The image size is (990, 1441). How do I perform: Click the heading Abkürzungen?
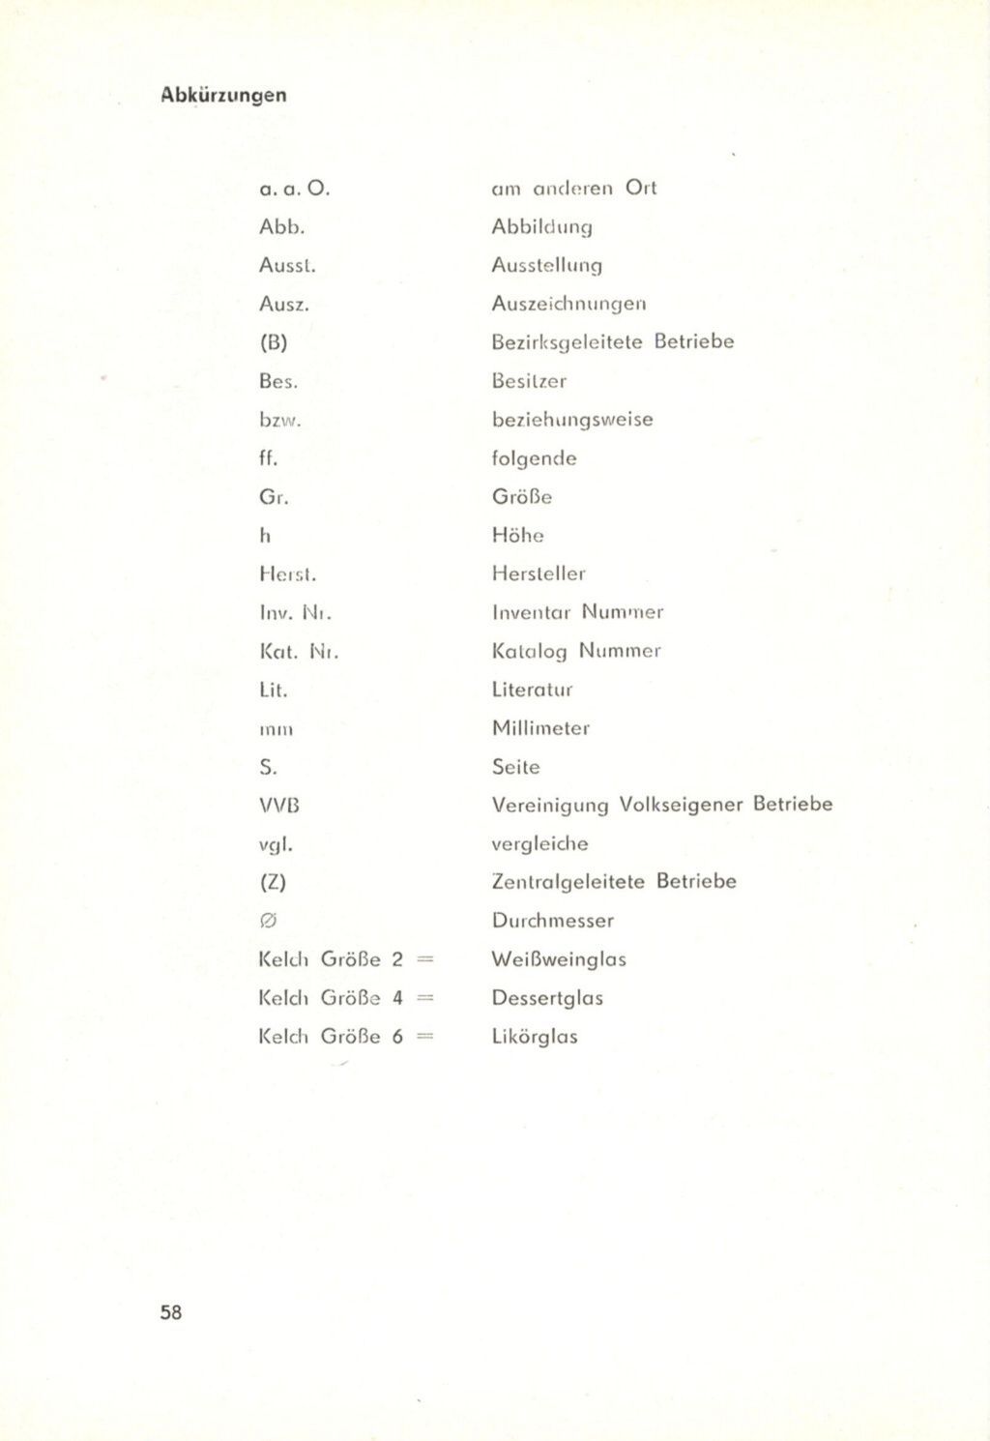click(x=223, y=95)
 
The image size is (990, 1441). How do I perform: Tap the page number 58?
click(x=171, y=1312)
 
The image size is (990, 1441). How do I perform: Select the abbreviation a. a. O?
click(x=296, y=188)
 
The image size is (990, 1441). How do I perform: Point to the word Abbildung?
click(x=541, y=227)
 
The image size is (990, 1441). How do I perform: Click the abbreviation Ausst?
click(x=287, y=265)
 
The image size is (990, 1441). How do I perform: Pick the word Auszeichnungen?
click(x=568, y=304)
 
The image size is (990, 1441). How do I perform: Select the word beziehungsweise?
click(x=572, y=420)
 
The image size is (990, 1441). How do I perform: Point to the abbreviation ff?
click(x=268, y=458)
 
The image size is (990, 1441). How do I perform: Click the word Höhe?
click(x=517, y=535)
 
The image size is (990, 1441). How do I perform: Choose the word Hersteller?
click(x=539, y=573)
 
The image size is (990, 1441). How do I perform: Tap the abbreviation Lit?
click(x=274, y=690)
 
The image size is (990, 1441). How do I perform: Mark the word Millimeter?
click(x=540, y=728)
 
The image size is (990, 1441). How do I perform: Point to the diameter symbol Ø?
click(x=269, y=921)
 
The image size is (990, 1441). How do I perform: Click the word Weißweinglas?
click(x=559, y=959)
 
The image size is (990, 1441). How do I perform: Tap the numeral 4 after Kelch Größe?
click(x=397, y=998)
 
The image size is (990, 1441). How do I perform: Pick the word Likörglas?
click(x=535, y=1037)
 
